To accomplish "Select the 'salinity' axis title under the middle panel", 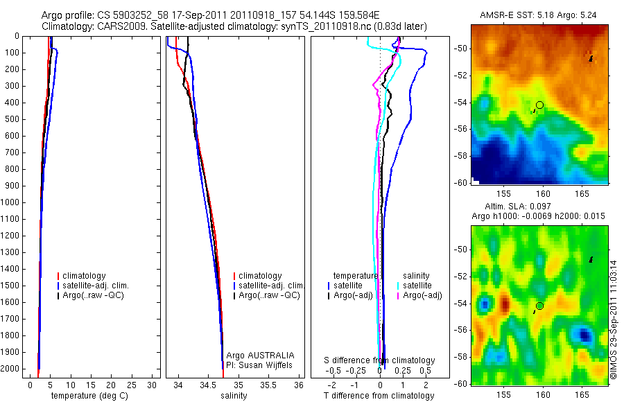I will pyautogui.click(x=234, y=396).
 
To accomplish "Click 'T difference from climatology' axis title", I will pyautogui.click(x=379, y=396).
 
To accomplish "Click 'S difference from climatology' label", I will pyautogui.click(x=380, y=360).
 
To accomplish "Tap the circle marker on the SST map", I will pyautogui.click(x=539, y=105).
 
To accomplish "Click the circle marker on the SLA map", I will pyautogui.click(x=539, y=306).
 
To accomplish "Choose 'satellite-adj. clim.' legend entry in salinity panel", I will pyautogui.click(x=270, y=286).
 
